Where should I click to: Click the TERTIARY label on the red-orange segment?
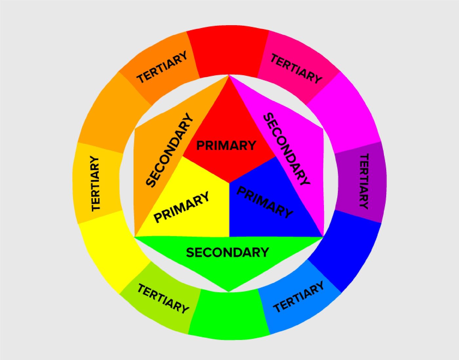(162, 67)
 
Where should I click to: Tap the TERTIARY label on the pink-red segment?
(296, 68)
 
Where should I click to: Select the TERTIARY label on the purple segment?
(364, 181)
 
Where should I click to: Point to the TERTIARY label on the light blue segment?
(298, 297)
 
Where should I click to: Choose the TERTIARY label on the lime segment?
(163, 299)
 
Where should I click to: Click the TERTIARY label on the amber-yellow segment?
(95, 183)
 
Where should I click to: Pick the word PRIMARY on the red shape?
(226, 145)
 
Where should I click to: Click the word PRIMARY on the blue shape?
(265, 202)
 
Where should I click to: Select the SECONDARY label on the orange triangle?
(170, 150)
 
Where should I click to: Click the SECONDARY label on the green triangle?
(228, 252)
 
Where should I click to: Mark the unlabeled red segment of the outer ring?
(228, 52)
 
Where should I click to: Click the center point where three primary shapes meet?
(229, 182)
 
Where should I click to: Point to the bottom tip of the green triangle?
(229, 292)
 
